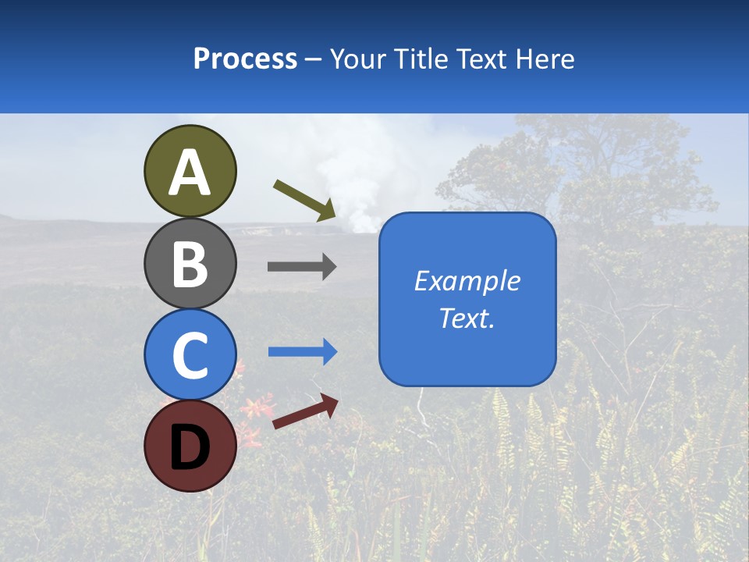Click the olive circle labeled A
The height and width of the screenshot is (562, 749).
(190, 171)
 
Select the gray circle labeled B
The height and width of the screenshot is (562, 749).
(190, 263)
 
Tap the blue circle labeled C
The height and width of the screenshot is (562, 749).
(190, 354)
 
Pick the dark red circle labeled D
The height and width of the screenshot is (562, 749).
(190, 446)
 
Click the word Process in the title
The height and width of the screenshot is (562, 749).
(245, 59)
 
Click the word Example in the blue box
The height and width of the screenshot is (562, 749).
(467, 281)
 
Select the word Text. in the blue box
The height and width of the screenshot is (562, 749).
(467, 318)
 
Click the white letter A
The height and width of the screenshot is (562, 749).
(190, 173)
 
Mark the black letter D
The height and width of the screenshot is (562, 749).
(190, 447)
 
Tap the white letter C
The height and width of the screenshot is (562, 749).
(190, 355)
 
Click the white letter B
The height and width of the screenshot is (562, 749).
(190, 264)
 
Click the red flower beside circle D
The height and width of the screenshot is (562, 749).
(256, 410)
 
